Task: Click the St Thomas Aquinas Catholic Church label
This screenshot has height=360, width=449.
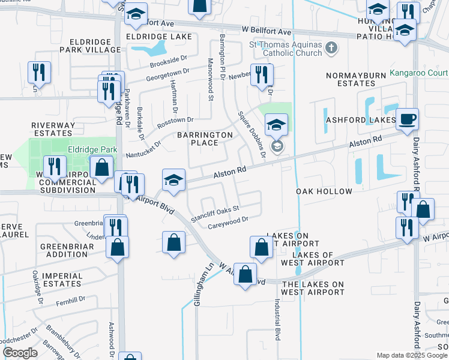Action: [x=285, y=48]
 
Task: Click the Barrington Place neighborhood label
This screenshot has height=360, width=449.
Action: [x=205, y=139]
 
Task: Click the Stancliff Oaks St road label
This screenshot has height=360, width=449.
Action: [x=215, y=213]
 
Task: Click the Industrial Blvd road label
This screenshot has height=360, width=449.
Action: [x=277, y=320]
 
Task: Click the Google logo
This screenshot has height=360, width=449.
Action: [x=20, y=353]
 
